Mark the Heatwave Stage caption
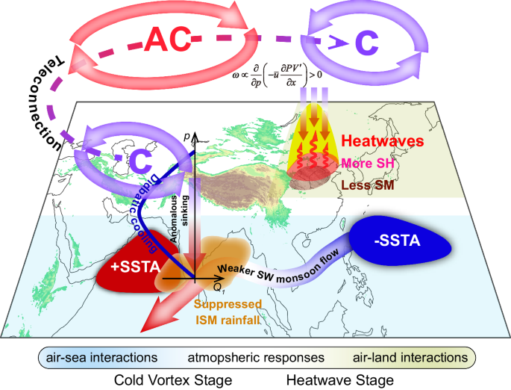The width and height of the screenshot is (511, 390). pos(340,380)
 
